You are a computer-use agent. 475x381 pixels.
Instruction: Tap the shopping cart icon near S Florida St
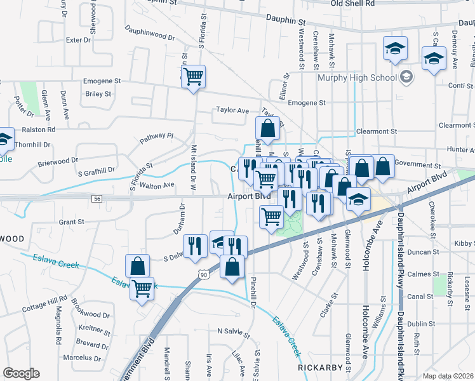pos(194,77)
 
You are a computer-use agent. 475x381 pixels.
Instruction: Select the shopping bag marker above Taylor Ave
pos(268,128)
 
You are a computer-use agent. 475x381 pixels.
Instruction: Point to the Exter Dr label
pos(79,39)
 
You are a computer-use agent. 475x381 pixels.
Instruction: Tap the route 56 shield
pos(97,199)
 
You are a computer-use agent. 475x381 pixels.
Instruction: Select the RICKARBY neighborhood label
pos(321,368)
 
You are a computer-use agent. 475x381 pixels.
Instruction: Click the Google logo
pos(21,373)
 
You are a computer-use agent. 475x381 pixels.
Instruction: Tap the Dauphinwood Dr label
pos(149,32)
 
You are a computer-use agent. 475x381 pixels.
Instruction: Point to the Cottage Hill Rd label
pos(44,303)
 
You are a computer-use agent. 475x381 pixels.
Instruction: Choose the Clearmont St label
pos(376,131)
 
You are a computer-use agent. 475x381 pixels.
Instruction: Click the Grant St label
pos(71,222)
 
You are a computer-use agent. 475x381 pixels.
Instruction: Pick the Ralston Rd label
pos(39,129)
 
